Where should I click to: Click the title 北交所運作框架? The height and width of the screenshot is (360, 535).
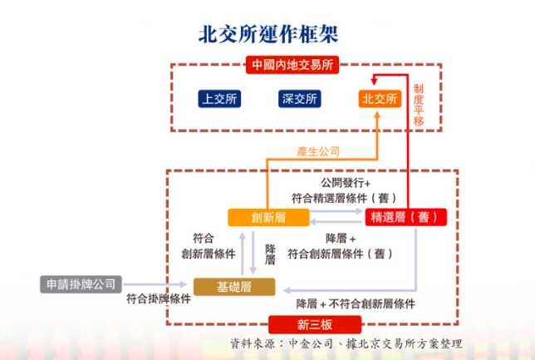pos(268,34)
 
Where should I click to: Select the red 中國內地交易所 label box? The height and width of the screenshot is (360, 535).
pos(292,65)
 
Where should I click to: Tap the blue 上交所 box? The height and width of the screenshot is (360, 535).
pos(219,99)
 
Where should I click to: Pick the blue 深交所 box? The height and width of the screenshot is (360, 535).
pos(300,99)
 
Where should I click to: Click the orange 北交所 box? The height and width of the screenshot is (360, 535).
pos(380,99)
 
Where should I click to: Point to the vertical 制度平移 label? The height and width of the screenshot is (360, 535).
pos(419,105)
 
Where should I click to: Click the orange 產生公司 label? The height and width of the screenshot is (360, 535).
pos(318,151)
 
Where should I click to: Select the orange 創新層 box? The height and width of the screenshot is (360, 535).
pos(268,217)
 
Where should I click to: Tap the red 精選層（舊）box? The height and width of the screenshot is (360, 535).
pos(405,217)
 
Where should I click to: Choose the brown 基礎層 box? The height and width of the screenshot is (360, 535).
pos(234,287)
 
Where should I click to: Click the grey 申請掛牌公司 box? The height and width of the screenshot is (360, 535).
pos(81,284)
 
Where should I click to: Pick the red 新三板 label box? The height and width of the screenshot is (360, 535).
pos(315,324)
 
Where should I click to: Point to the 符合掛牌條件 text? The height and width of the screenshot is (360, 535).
pos(159,298)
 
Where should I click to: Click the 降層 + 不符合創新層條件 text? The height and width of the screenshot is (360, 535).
pos(356,303)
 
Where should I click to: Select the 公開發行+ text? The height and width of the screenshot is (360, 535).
pos(346,183)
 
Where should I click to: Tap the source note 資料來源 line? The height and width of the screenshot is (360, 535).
pos(346,343)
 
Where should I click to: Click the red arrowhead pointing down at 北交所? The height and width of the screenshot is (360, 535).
pos(374,81)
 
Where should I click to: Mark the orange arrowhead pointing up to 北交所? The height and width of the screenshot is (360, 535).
pos(377,115)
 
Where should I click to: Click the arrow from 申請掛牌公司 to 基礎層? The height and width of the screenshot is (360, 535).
pos(155,284)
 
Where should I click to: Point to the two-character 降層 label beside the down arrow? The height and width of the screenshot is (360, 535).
pos(270,254)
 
